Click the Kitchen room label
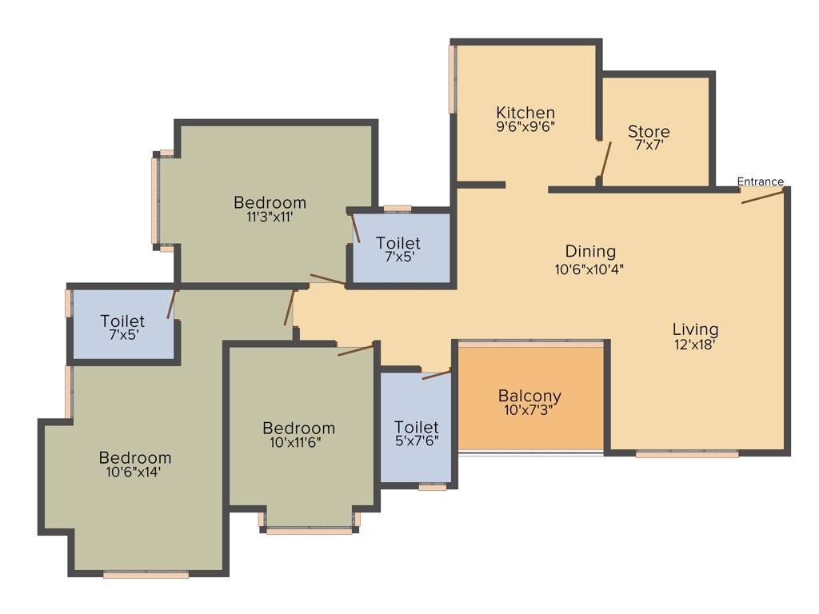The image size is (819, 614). (525, 112)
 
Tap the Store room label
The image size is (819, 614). (649, 131)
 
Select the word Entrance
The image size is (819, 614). (760, 181)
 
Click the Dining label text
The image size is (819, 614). (590, 251)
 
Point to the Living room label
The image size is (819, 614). (695, 329)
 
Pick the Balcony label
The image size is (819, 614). (529, 395)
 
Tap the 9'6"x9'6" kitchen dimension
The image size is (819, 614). (525, 126)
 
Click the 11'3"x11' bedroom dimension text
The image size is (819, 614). (270, 216)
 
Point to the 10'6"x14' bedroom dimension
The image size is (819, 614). (134, 472)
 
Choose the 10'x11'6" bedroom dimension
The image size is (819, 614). (298, 441)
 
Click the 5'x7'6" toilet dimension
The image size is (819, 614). (416, 441)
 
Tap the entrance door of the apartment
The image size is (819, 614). (762, 196)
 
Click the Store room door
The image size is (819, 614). (605, 160)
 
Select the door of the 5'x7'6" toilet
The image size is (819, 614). (436, 373)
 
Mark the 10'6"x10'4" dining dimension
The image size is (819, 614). (589, 269)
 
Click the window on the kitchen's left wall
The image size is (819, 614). (453, 78)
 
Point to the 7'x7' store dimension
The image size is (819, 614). (649, 146)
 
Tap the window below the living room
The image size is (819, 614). (687, 454)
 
